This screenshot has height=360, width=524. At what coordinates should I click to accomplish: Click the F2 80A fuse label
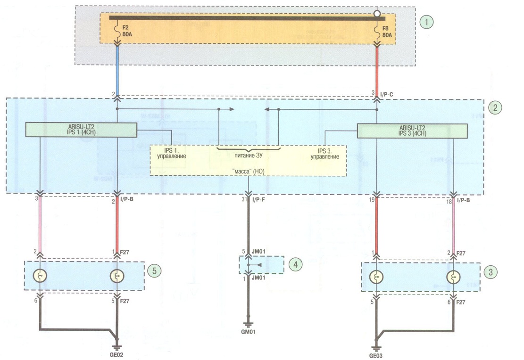click(127, 31)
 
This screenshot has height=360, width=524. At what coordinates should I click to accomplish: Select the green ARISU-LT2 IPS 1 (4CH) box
click(81, 130)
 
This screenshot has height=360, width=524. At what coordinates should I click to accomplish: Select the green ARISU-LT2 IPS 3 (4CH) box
click(412, 131)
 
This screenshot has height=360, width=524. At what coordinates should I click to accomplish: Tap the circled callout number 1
click(426, 22)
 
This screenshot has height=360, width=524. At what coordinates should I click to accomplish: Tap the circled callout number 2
click(495, 107)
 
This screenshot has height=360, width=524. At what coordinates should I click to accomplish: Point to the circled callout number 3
click(490, 272)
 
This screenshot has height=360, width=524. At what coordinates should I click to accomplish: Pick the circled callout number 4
click(295, 264)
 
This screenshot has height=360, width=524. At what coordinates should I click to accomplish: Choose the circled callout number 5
click(154, 270)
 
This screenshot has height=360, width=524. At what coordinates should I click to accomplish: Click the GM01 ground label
click(248, 332)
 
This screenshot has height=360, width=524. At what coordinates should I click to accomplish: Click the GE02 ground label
click(116, 355)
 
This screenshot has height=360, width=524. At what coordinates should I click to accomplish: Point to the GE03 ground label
click(375, 356)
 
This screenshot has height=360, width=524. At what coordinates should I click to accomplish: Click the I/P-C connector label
click(387, 95)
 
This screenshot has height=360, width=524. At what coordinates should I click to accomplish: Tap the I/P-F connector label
click(258, 200)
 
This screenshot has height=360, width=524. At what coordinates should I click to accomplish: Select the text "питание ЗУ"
click(248, 155)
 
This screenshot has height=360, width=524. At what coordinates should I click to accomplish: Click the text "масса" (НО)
click(248, 172)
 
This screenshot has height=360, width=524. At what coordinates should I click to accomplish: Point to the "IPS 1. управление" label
click(171, 153)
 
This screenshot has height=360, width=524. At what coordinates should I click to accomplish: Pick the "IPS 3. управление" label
click(325, 154)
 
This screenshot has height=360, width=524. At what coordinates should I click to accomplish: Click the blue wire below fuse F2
click(117, 71)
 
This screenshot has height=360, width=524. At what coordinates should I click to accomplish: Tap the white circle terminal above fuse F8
click(377, 14)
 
